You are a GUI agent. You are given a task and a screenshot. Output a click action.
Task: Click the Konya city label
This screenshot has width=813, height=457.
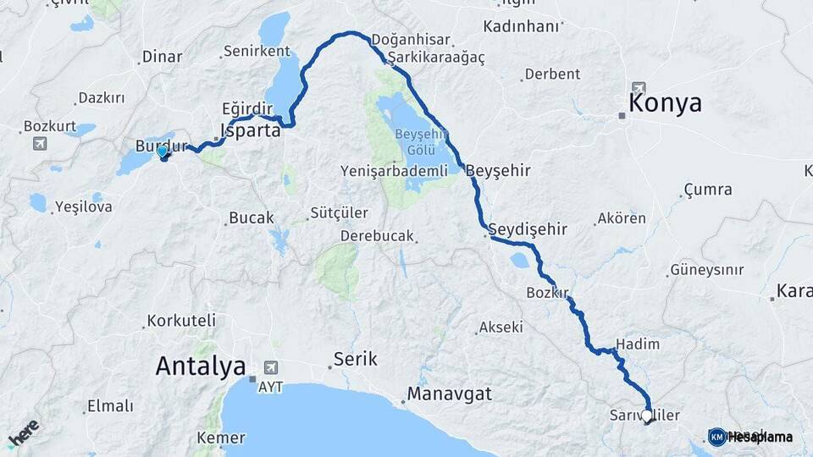click(x=665, y=103)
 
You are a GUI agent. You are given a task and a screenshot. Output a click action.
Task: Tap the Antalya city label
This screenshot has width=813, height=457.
click(x=201, y=366)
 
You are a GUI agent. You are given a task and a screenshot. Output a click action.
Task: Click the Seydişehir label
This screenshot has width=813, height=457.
click(x=528, y=229)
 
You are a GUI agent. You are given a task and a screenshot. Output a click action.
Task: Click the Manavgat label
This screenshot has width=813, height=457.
click(x=449, y=394)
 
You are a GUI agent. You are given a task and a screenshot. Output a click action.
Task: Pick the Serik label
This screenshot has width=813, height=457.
click(x=355, y=359)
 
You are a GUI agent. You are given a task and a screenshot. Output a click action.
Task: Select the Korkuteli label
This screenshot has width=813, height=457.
click(x=181, y=321)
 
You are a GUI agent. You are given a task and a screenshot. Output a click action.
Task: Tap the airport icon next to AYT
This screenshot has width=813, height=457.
click(x=271, y=366)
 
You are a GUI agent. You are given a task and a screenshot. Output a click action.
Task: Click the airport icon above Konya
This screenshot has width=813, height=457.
click(x=638, y=88)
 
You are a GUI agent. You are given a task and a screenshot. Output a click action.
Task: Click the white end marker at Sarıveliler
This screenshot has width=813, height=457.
click(x=647, y=416)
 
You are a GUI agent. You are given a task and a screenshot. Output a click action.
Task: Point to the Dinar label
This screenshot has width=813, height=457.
click(x=162, y=57)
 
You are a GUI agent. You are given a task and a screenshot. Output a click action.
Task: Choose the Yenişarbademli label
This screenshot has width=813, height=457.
click(x=393, y=171)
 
